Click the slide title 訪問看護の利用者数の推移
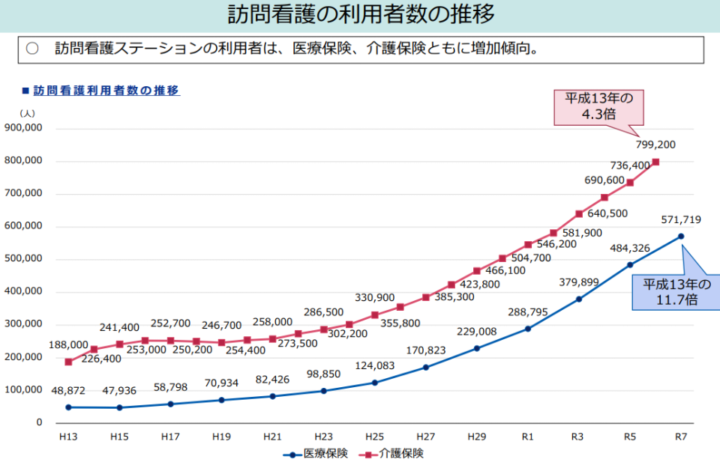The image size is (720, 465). (x=361, y=15)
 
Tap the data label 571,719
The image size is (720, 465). (x=681, y=219)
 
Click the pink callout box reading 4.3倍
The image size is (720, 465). (x=598, y=107)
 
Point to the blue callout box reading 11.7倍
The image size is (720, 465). (x=671, y=292)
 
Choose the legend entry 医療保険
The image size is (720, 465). (x=316, y=454)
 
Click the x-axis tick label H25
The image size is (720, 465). (x=374, y=437)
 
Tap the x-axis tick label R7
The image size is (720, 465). (x=681, y=437)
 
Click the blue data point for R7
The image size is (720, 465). (x=681, y=236)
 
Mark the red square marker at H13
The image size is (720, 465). (x=68, y=362)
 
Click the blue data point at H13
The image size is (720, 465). (x=68, y=407)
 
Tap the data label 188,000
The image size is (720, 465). (x=68, y=345)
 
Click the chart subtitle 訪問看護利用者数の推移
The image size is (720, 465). (x=105, y=90)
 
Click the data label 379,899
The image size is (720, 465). (x=579, y=282)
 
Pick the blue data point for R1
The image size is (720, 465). (x=528, y=329)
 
